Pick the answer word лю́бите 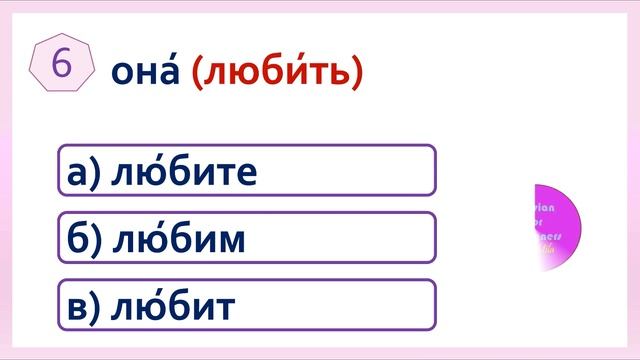tap(186, 172)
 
